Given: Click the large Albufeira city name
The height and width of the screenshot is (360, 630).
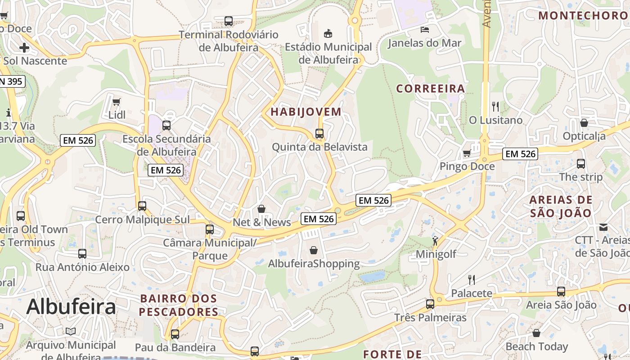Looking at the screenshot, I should (71, 307).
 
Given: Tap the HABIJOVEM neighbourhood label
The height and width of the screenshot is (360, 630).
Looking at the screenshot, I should (306, 112).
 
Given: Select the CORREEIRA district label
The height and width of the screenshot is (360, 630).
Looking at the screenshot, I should (430, 88).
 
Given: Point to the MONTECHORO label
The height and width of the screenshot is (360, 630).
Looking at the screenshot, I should (583, 15).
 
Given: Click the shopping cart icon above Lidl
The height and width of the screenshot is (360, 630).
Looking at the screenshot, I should (117, 102).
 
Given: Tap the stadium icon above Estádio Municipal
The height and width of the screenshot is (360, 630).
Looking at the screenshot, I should (328, 33).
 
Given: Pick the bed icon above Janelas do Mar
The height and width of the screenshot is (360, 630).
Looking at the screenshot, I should (424, 30).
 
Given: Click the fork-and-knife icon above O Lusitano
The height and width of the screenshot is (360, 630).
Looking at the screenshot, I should (495, 107).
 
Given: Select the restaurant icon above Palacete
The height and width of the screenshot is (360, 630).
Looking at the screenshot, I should (472, 280).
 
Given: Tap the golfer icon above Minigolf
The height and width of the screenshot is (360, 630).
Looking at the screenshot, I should (435, 240).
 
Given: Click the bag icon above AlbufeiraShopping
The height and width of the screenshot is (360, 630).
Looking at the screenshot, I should (314, 250).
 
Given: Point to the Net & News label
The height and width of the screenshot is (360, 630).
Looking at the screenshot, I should (262, 222).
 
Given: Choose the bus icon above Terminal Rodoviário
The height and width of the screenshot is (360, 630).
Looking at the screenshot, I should (229, 21).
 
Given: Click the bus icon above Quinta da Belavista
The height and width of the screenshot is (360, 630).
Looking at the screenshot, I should (319, 134).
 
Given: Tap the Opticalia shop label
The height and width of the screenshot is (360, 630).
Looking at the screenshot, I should (584, 136).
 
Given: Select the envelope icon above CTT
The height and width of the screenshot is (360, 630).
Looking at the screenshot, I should (603, 227).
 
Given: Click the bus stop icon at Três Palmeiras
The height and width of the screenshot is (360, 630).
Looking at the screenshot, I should (430, 304).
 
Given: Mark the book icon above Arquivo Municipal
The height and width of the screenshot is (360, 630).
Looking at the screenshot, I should (71, 332).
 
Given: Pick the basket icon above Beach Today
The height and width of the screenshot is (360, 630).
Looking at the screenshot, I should (536, 333).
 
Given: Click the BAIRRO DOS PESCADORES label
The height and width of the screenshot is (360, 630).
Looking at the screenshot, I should (179, 305).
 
